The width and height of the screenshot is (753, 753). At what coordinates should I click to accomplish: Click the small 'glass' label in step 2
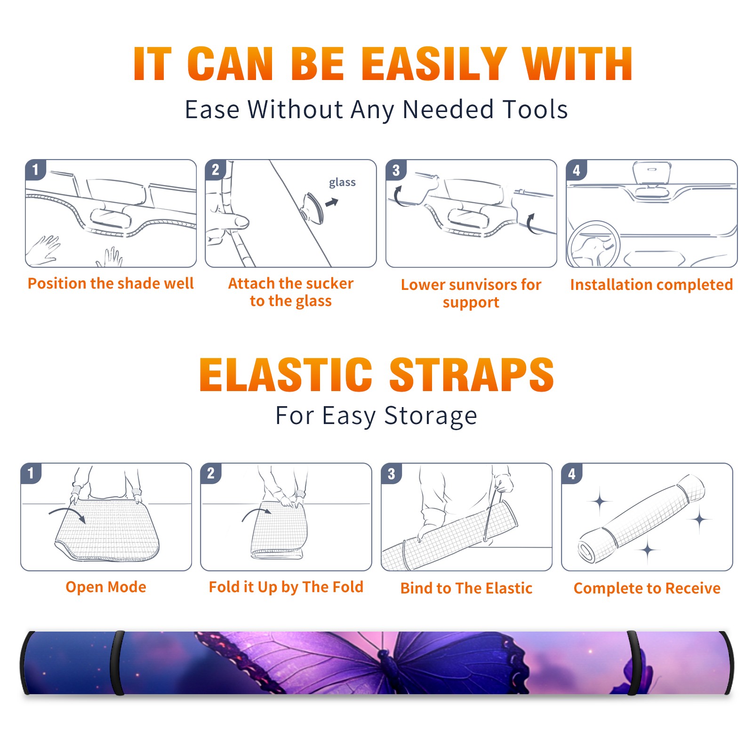pyautogui.click(x=342, y=183)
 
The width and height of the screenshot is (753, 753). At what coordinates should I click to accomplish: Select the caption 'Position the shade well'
pyautogui.click(x=111, y=283)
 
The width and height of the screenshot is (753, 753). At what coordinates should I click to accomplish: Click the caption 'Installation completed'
pyautogui.click(x=651, y=285)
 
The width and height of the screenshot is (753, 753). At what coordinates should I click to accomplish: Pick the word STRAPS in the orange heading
pyautogui.click(x=472, y=375)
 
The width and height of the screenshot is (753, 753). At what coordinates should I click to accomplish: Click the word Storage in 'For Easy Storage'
pyautogui.click(x=431, y=416)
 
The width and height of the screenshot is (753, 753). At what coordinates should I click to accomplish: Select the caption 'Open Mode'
pyautogui.click(x=106, y=587)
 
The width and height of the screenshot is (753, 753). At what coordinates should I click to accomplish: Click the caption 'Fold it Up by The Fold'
pyautogui.click(x=286, y=587)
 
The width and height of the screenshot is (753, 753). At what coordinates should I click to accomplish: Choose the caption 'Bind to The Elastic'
pyautogui.click(x=466, y=588)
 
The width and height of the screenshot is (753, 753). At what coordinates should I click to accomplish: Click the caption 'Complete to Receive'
pyautogui.click(x=647, y=588)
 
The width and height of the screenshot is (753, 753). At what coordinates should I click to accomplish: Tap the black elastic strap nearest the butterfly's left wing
pyautogui.click(x=117, y=663)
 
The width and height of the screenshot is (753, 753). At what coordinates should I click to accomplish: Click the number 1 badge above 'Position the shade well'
pyautogui.click(x=35, y=170)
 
